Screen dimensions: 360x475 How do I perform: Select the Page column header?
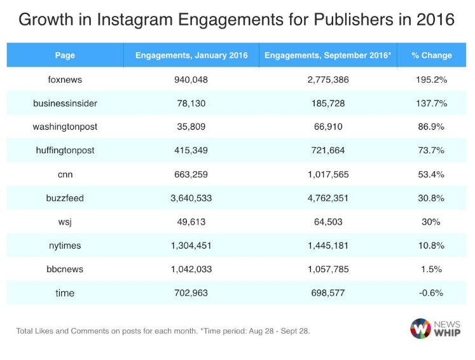(65, 55)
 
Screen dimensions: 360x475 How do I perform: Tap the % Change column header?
(432, 55)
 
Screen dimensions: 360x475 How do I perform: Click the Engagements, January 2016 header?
(191, 55)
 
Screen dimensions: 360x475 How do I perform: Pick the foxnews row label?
(65, 80)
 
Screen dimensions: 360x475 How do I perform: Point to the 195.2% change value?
(432, 80)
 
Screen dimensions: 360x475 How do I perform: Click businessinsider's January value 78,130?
(191, 103)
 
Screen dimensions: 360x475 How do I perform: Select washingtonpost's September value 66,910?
(327, 127)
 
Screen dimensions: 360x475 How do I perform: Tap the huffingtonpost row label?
(65, 150)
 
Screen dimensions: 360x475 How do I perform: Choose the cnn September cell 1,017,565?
(327, 174)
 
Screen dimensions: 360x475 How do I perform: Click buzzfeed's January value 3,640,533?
(191, 198)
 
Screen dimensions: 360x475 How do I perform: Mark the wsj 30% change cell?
(432, 221)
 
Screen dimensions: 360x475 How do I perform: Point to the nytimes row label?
(65, 246)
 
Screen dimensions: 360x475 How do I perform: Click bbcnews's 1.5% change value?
(432, 269)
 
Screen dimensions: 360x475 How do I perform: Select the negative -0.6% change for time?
(432, 293)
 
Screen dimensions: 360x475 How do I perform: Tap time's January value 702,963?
(191, 293)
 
